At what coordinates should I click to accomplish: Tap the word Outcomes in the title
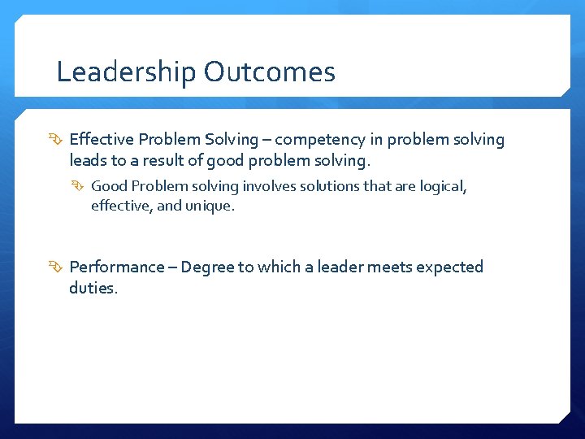coord(270,72)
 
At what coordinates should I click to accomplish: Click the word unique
coord(210,206)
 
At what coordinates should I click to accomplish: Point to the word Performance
coord(117,267)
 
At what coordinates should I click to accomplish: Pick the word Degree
coord(206,267)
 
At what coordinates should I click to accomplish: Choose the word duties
coord(93,288)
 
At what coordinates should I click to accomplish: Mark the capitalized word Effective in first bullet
coord(102,140)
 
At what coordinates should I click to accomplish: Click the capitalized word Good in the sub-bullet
coord(109,186)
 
